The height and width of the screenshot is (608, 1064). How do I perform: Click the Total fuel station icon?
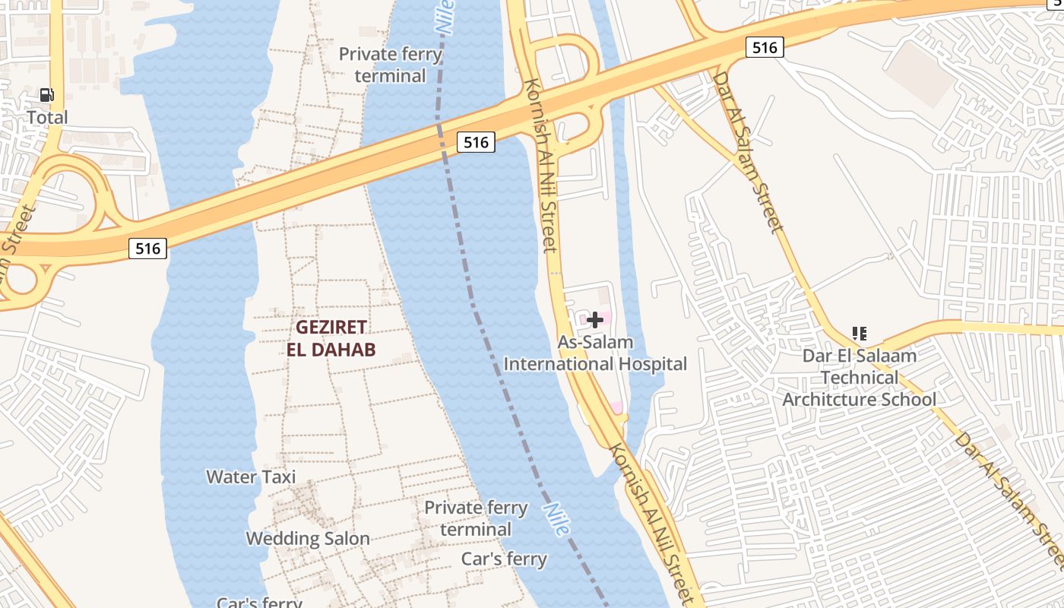coord(47,95)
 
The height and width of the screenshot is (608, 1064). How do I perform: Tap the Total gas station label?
coord(47,117)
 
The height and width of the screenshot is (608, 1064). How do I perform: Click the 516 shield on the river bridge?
coord(476,142)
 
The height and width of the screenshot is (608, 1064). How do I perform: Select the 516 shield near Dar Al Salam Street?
coord(764,48)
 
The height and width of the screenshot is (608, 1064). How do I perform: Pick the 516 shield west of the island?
coord(147,248)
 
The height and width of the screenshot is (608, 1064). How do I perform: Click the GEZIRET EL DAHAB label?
coord(331,338)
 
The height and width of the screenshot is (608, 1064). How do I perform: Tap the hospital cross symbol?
coord(595,320)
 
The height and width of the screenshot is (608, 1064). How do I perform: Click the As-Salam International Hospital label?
coord(595,353)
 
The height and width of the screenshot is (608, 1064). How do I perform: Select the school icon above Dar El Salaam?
coord(860,333)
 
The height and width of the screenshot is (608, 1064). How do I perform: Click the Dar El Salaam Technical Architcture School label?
coord(860,377)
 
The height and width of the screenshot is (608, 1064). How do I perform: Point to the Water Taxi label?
coord(251,477)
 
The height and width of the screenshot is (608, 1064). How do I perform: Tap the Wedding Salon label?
coord(308,539)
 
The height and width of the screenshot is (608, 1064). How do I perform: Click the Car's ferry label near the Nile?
coord(504,559)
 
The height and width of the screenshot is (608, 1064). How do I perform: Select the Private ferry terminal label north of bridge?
coord(390,65)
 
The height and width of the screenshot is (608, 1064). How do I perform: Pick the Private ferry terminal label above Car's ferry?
coord(476,518)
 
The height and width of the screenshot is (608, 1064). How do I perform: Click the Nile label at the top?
coord(445,17)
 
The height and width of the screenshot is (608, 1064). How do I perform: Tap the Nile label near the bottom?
coord(556,520)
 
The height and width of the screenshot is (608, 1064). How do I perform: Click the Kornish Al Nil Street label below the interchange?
coord(540,165)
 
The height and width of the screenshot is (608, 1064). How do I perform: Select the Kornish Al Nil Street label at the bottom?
coord(652,524)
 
